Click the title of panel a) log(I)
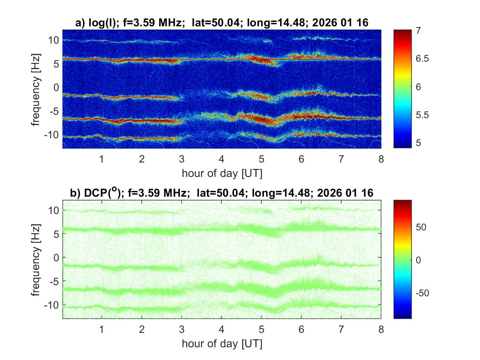[x=222, y=23]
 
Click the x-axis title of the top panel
[x=222, y=173]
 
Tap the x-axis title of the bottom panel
[x=222, y=344]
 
